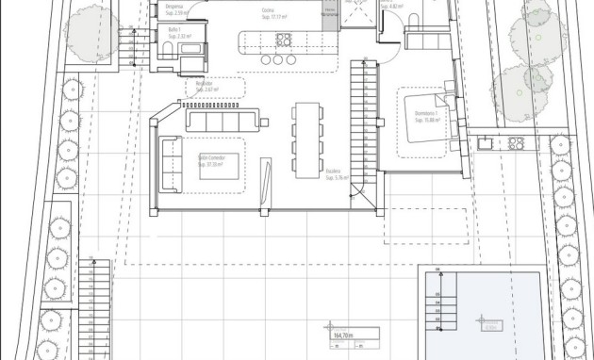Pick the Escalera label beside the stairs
(x=334, y=172)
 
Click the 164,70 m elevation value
(x=342, y=335)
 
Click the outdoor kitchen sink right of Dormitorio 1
(x=483, y=143)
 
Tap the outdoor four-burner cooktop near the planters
(x=516, y=143)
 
